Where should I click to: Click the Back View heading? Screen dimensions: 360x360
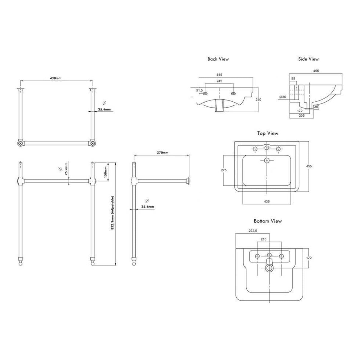(218, 59)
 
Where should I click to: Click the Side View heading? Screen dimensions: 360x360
(308, 59)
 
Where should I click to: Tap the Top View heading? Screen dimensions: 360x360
(268, 133)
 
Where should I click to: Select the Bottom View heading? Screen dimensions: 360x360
(268, 221)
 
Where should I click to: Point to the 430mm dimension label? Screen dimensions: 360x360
(55, 78)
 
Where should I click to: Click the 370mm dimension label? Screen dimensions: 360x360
(163, 153)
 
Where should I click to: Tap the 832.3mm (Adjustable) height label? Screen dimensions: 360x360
(112, 213)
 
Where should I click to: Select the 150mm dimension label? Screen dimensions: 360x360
(105, 172)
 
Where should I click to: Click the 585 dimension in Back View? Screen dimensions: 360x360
(219, 75)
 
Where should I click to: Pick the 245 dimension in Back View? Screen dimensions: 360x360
(219, 81)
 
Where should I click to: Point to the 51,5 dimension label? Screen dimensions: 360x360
(199, 90)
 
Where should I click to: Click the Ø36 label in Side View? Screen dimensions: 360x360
(283, 97)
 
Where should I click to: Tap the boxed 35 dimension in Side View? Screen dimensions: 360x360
(316, 107)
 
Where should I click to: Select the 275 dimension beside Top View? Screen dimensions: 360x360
(223, 170)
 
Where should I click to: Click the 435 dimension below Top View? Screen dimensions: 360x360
(267, 202)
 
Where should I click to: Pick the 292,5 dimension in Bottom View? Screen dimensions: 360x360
(253, 231)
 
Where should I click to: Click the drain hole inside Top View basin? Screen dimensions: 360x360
(267, 160)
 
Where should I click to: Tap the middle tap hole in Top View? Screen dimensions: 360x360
(267, 148)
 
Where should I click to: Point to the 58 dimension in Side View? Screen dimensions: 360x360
(293, 79)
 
